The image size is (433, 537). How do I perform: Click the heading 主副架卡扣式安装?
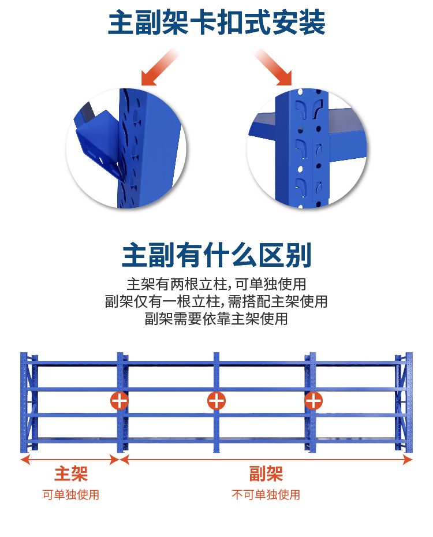216,23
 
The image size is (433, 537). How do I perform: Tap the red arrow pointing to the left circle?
159,67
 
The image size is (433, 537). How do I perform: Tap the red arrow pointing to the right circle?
273,67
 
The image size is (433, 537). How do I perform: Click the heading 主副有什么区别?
216,255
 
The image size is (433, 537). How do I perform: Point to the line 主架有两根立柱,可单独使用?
216,284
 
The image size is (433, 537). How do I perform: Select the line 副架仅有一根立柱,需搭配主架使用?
216,301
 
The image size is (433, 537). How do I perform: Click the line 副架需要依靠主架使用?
216,319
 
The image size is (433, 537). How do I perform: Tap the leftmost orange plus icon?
119,400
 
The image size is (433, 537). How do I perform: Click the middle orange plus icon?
216,400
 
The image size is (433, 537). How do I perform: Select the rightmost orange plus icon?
313,400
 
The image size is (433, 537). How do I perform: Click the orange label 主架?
71,474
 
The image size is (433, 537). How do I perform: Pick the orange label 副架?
266,474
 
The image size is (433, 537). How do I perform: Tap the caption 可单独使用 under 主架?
71,494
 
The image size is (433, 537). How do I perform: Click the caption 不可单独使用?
266,494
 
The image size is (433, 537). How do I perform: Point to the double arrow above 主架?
70,460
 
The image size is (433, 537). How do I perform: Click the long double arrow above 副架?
266,460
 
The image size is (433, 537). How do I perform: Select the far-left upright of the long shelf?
24,402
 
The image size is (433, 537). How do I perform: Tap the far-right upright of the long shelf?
409,402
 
